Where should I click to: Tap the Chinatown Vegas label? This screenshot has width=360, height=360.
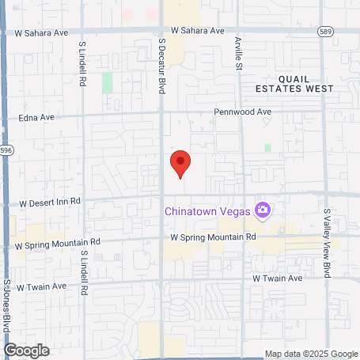point(207,210)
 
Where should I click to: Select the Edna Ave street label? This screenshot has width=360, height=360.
point(36,117)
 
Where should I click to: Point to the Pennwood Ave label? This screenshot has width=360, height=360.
point(243,112)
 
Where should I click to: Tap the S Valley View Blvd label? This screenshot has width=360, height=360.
point(327,243)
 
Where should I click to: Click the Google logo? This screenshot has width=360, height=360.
point(26,350)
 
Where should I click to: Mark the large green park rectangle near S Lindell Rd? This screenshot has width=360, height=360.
point(107,82)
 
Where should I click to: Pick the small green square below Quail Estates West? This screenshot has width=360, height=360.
point(267,148)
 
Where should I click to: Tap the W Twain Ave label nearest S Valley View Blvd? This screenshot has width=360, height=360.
point(278,279)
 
